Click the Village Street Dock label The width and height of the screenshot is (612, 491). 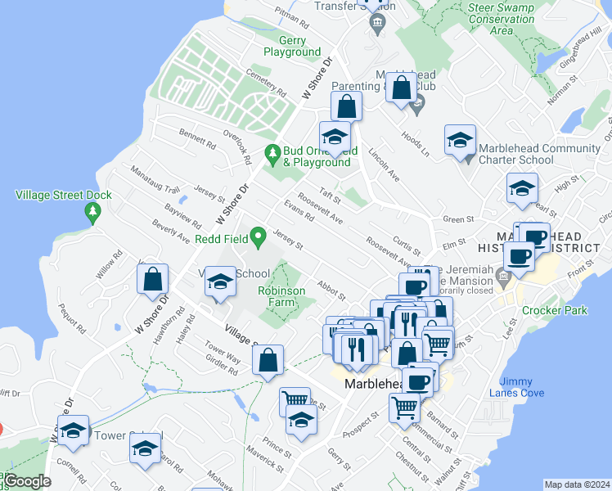click(x=64, y=195)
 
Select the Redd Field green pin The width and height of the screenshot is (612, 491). click(x=259, y=239)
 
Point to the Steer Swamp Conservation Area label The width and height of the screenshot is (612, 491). click(x=502, y=20)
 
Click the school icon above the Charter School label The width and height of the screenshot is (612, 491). click(x=460, y=140)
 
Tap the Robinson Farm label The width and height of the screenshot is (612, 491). click(x=281, y=296)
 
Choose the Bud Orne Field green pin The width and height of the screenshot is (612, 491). click(x=273, y=153)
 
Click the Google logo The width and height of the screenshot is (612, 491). click(x=26, y=482)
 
